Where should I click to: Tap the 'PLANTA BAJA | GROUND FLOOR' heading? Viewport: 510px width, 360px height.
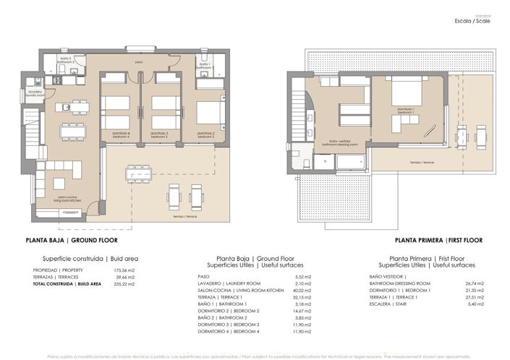point(72,239)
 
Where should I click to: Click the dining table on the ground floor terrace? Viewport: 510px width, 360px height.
point(138,173)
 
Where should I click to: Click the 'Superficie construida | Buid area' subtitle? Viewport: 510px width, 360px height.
point(85,258)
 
